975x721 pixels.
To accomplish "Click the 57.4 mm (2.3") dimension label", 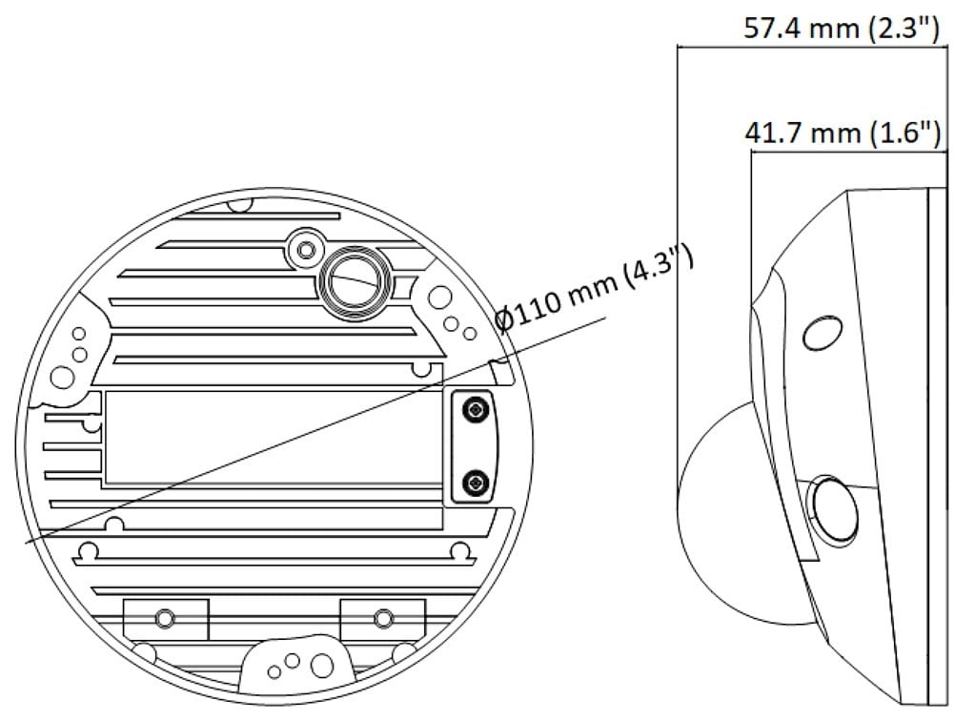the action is (x=842, y=28).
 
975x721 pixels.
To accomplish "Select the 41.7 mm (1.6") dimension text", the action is (x=843, y=134).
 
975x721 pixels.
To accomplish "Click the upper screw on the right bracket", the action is (x=476, y=410).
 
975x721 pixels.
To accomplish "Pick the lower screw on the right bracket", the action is (x=476, y=483).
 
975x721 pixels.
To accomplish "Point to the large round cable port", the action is (x=355, y=283).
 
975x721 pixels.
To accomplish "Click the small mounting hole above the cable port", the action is (x=305, y=250).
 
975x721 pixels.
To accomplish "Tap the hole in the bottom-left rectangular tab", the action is (x=165, y=618).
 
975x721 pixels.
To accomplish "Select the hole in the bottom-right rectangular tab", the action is (x=383, y=618).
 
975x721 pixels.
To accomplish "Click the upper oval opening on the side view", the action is (x=823, y=334).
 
